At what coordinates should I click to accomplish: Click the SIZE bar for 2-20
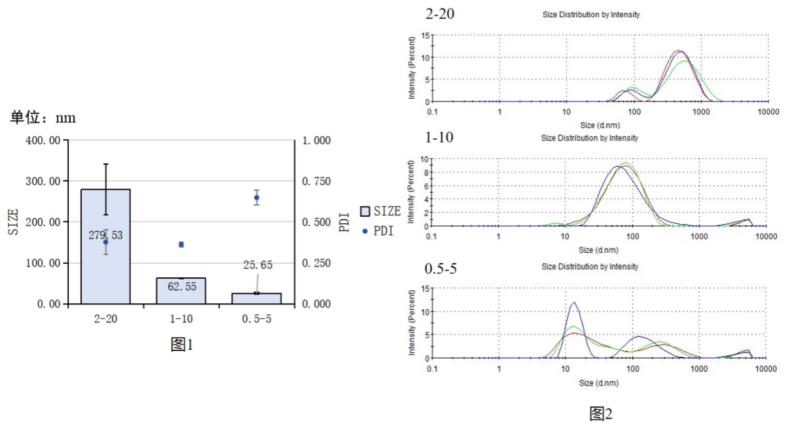pyautogui.click(x=106, y=270)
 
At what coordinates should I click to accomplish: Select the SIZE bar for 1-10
pyautogui.click(x=181, y=291)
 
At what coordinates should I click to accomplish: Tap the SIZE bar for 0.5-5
pyautogui.click(x=256, y=298)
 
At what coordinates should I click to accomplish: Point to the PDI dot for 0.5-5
pyautogui.click(x=256, y=198)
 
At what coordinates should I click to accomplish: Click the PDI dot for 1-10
pyautogui.click(x=181, y=244)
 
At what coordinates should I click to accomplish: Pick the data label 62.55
pyautogui.click(x=181, y=285)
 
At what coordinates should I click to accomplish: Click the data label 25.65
pyautogui.click(x=258, y=265)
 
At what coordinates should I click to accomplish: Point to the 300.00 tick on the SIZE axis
pyautogui.click(x=44, y=181)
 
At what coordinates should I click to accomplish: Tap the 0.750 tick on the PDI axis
pyautogui.click(x=316, y=181)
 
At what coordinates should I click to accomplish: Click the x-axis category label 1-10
pyautogui.click(x=181, y=320)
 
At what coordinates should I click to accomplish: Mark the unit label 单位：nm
pyautogui.click(x=43, y=118)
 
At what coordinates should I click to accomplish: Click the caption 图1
pyautogui.click(x=182, y=345)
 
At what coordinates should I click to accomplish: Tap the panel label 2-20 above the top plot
pyautogui.click(x=440, y=14)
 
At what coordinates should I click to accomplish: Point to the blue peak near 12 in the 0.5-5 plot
pyautogui.click(x=574, y=303)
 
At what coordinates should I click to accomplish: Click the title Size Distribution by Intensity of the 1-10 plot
pyautogui.click(x=589, y=138)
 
